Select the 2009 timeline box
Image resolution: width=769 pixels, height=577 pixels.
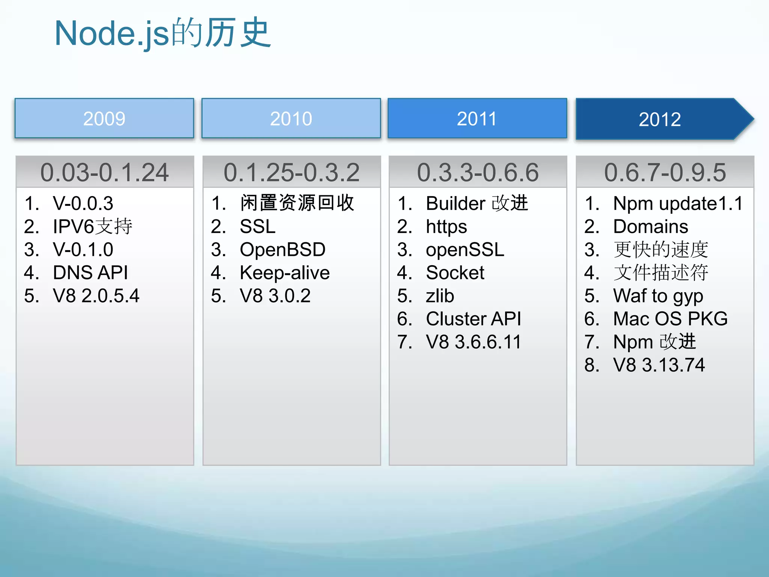pyautogui.click(x=104, y=119)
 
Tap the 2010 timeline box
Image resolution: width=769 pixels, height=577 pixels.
pyautogui.click(x=291, y=119)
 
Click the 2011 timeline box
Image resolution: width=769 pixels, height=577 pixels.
pyautogui.click(x=477, y=119)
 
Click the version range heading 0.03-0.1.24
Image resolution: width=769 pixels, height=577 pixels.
pyautogui.click(x=104, y=172)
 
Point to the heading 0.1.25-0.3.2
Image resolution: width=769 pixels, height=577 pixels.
pyautogui.click(x=291, y=172)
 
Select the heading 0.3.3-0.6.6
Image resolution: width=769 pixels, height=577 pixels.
pyautogui.click(x=478, y=172)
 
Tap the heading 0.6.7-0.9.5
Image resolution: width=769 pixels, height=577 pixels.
pyautogui.click(x=665, y=172)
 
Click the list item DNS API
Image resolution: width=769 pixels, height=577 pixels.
pyautogui.click(x=90, y=273)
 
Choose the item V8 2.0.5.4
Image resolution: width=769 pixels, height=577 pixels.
pyautogui.click(x=96, y=296)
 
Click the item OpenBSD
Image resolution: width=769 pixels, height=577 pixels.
pyautogui.click(x=282, y=250)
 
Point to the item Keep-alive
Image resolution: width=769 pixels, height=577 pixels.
pyautogui.click(x=285, y=273)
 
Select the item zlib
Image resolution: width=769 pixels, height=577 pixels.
pyautogui.click(x=440, y=296)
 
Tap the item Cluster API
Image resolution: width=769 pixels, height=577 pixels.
pyautogui.click(x=473, y=319)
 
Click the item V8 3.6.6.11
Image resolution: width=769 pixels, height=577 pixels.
pyautogui.click(x=473, y=342)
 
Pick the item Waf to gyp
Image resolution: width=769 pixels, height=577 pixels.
pyautogui.click(x=658, y=296)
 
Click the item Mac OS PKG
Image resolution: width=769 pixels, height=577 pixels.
pyautogui.click(x=670, y=319)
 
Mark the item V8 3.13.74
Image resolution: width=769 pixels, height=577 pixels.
pyautogui.click(x=659, y=365)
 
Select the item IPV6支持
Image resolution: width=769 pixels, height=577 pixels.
pyautogui.click(x=92, y=227)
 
